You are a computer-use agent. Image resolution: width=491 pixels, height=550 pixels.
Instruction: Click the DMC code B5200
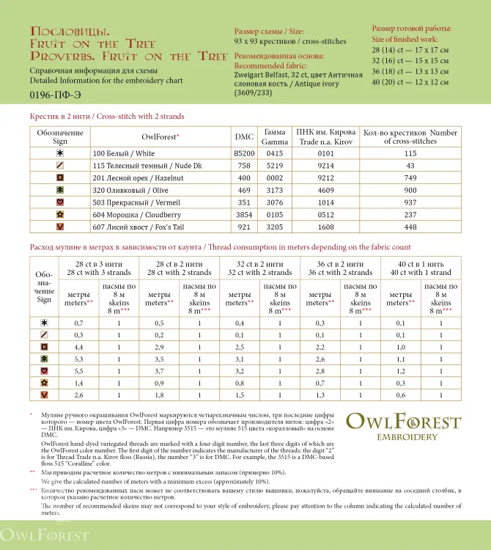(244, 153)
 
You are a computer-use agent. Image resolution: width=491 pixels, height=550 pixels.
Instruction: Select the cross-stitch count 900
(410, 190)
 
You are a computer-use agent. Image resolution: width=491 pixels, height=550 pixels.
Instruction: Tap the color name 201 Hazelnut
(128, 178)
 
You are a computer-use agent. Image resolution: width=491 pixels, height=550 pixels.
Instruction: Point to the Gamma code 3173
(274, 190)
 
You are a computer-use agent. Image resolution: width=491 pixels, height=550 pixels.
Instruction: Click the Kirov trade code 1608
(325, 227)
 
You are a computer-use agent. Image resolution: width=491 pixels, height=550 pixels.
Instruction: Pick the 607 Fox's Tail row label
(129, 227)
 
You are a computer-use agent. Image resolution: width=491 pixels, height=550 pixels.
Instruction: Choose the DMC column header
(244, 136)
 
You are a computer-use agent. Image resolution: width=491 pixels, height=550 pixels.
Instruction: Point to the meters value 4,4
(78, 346)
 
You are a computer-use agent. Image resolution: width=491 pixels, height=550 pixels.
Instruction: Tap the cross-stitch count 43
(410, 166)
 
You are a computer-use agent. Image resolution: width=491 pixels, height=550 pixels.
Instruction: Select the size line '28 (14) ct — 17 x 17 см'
(410, 49)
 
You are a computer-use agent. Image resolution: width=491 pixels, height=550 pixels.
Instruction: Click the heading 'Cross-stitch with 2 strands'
(107, 116)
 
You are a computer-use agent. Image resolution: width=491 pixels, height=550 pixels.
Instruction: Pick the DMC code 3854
(244, 215)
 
